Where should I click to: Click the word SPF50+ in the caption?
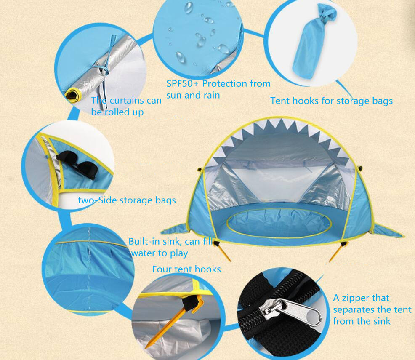[182, 84]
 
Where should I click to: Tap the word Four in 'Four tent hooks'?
[162, 269]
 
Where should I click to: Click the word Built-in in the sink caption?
[145, 241]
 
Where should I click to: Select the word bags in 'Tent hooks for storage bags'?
[382, 101]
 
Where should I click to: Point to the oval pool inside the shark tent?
[279, 223]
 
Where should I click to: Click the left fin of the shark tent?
[175, 229]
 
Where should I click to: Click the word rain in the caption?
[211, 95]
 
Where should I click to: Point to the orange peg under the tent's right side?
[338, 251]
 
